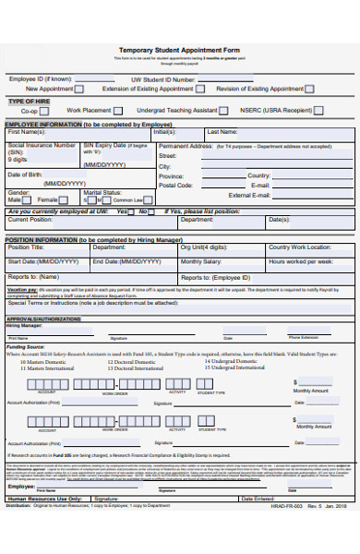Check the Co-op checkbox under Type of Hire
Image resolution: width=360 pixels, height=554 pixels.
click(x=44, y=110)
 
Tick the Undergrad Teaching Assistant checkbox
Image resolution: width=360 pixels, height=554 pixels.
click(x=224, y=110)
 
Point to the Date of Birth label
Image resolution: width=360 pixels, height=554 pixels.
click(x=27, y=175)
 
